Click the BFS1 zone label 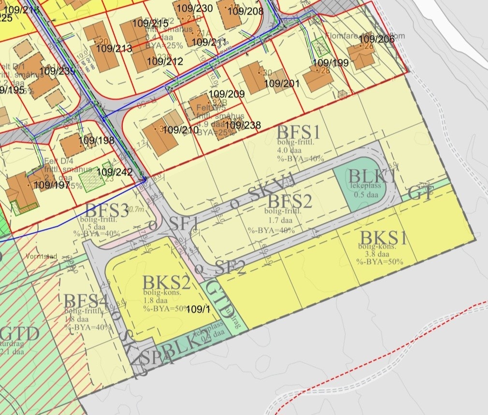point(298,132)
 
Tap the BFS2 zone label point(288,201)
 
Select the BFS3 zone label point(107,211)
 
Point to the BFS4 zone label point(86,301)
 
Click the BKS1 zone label point(384,238)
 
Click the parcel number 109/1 point(198,309)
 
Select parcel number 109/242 point(115,172)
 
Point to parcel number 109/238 point(243,126)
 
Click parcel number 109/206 point(377,39)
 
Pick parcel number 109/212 point(165,61)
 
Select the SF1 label point(184,223)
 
